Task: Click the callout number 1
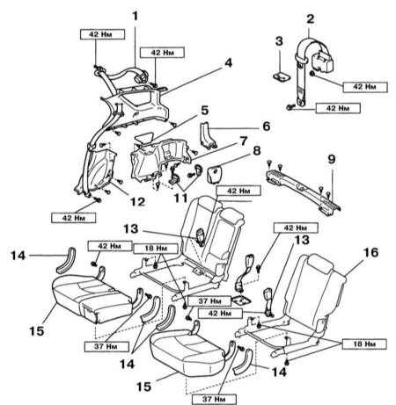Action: point(135,16)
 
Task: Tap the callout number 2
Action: point(310,19)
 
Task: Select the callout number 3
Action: point(279,41)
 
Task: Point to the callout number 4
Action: point(228,63)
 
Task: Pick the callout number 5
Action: point(204,111)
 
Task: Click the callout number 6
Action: point(266,127)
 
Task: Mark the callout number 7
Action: point(244,141)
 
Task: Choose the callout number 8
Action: point(256,151)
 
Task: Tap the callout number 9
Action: point(331,160)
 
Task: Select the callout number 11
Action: point(180,198)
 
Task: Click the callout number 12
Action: point(137,202)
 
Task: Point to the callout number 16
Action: point(370,252)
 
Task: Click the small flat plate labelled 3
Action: point(282,76)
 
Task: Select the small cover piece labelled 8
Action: point(216,174)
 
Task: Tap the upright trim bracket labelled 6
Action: point(208,135)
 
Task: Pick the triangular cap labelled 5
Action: point(144,137)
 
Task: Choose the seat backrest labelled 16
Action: point(314,290)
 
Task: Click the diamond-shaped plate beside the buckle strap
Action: point(241,300)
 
